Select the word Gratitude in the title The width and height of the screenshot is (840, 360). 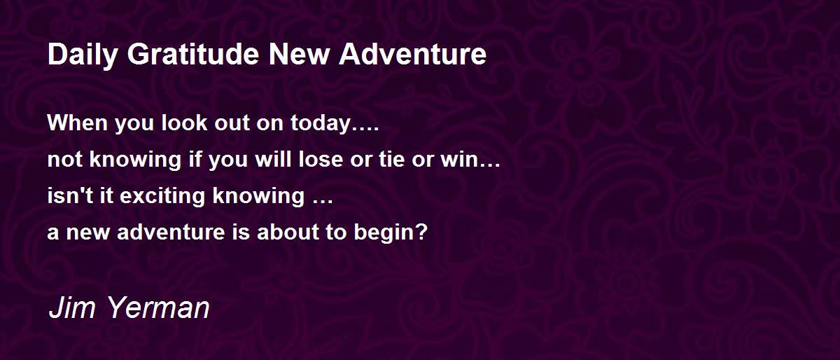click(193, 54)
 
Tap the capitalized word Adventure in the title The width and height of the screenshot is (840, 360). click(412, 54)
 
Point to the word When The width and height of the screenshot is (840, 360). click(77, 123)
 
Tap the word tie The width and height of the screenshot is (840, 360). click(391, 159)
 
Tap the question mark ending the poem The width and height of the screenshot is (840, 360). click(421, 232)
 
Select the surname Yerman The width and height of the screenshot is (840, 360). click(158, 307)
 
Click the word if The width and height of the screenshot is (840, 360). click(195, 159)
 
